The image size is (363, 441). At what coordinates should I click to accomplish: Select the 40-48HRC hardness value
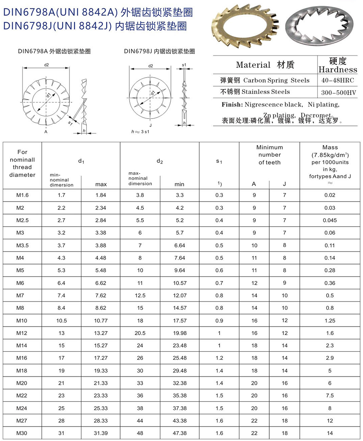(x=337, y=80)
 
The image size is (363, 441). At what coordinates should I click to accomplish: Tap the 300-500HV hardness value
(x=337, y=92)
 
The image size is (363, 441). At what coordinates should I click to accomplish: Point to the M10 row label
(x=22, y=321)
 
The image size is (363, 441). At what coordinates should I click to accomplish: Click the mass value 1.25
(x=330, y=321)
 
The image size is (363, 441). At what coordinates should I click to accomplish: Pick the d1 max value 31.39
(x=101, y=433)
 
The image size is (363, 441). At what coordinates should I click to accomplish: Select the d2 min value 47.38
(x=180, y=433)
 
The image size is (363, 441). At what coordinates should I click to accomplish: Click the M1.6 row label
(x=22, y=195)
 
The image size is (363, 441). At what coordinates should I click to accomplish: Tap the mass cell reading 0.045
(x=330, y=220)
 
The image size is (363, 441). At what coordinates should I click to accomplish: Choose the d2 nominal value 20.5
(x=140, y=333)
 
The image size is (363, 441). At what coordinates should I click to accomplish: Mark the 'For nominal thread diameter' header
(x=23, y=163)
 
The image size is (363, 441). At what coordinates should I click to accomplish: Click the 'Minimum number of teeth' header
(x=269, y=155)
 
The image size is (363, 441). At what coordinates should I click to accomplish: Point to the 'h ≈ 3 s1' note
(x=140, y=132)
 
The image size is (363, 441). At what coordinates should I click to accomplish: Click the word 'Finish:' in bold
(x=232, y=105)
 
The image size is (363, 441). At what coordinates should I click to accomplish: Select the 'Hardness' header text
(x=338, y=70)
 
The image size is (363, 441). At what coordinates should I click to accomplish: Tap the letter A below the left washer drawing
(x=46, y=132)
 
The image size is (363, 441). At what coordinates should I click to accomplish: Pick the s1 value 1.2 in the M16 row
(x=219, y=358)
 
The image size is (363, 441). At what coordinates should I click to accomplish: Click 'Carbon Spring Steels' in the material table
(x=276, y=80)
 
